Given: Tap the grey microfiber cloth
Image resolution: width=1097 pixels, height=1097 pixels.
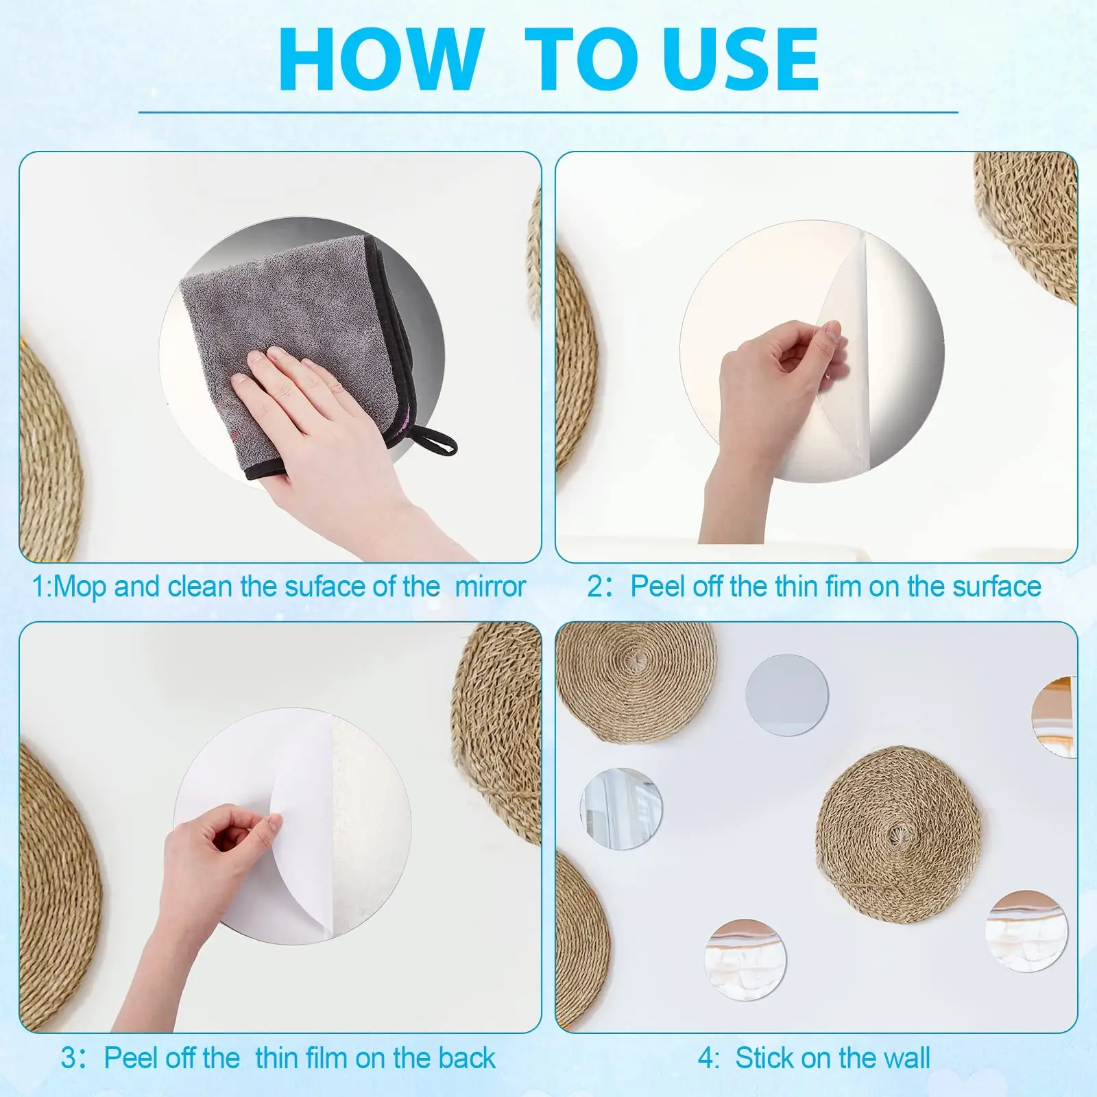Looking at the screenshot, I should (x=288, y=309).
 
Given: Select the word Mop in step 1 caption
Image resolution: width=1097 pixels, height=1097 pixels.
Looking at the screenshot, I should (x=81, y=587).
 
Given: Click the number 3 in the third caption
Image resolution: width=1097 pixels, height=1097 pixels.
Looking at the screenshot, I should (x=69, y=1058).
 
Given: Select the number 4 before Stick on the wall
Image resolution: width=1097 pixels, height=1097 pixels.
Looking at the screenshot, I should (x=706, y=1058).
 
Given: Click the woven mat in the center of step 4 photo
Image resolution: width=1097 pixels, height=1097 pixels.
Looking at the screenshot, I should (x=898, y=833).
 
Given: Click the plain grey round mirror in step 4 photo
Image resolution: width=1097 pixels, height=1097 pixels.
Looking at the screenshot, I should (x=786, y=695).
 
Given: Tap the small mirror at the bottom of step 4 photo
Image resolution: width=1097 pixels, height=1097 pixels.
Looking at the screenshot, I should (x=745, y=959).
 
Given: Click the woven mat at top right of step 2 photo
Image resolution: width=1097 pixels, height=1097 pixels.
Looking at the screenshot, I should (x=1028, y=219).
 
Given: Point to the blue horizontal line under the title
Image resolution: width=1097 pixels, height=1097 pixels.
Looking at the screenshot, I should (x=548, y=112).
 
